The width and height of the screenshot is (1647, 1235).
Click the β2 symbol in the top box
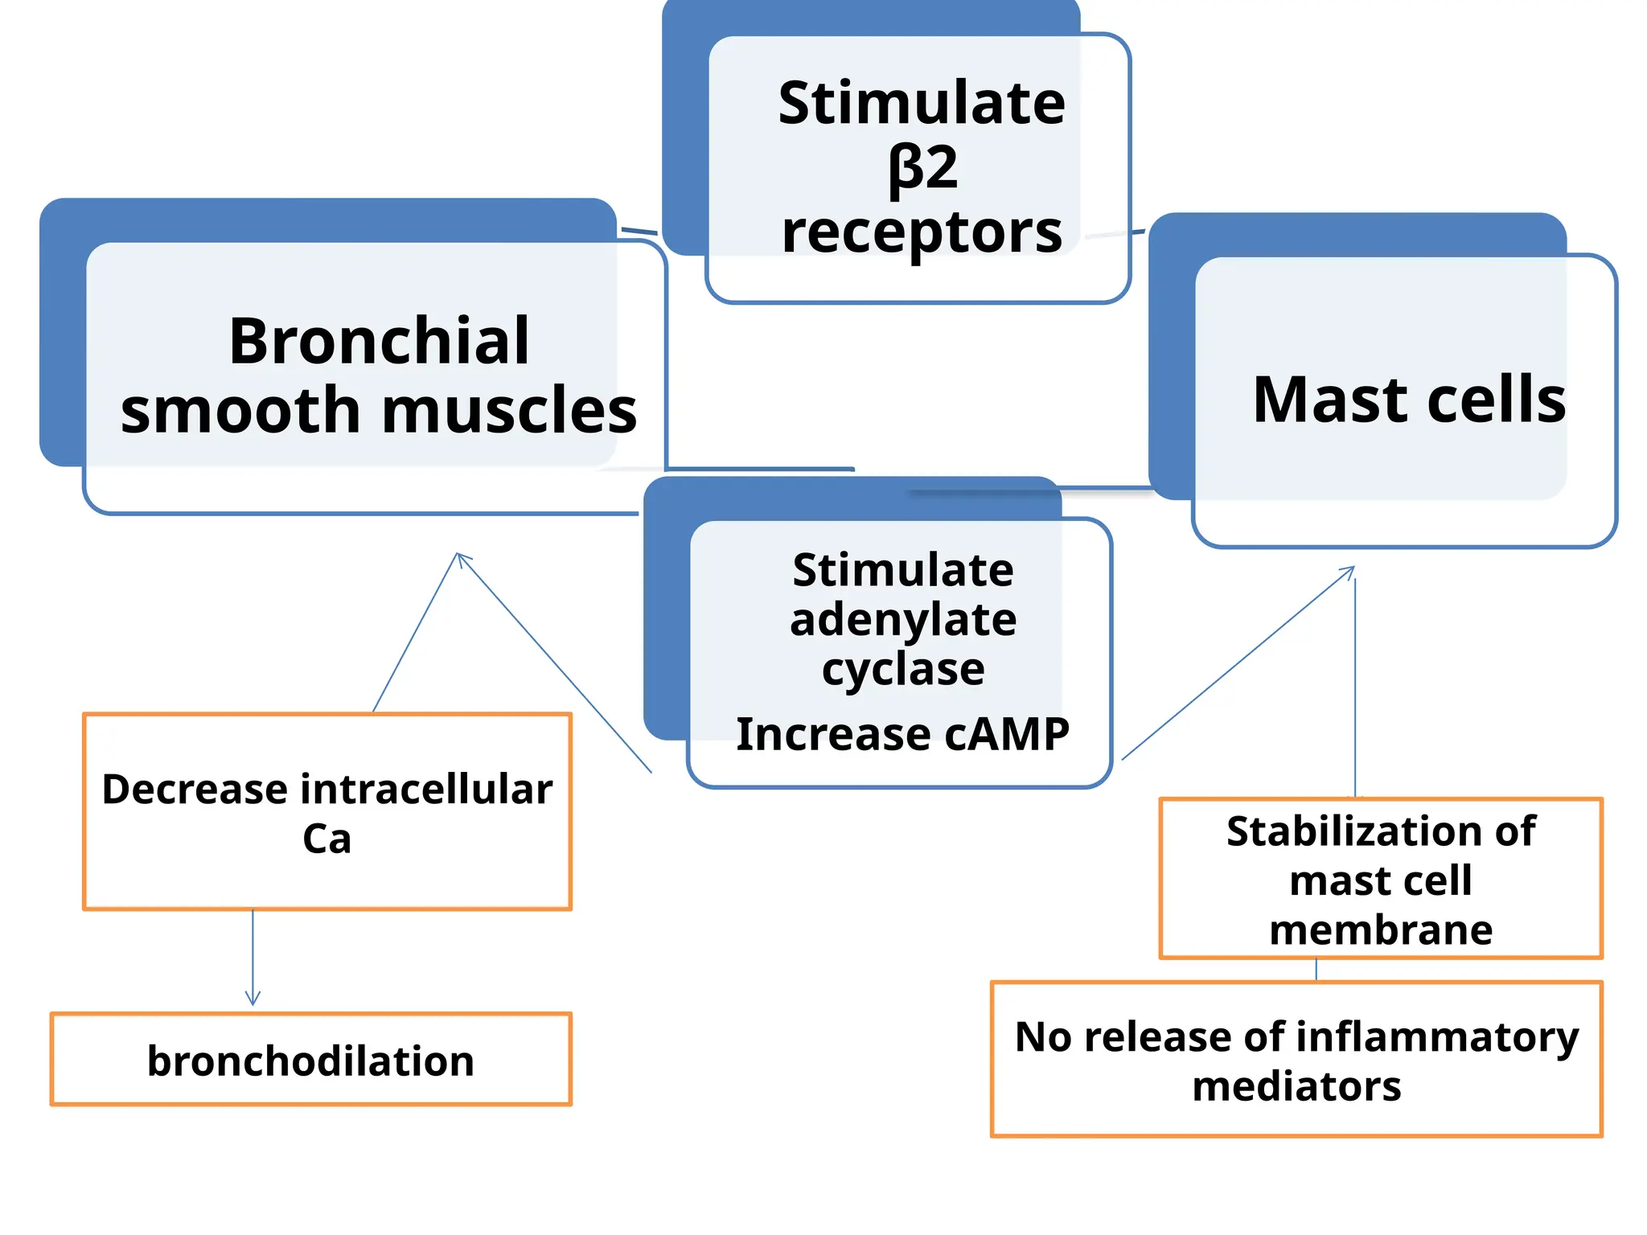pos(922,170)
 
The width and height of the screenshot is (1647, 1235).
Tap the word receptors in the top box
pos(922,232)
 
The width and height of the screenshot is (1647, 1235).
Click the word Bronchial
pos(379,341)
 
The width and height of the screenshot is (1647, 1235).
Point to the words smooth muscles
pos(379,410)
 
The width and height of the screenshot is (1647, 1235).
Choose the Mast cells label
pos(1409,400)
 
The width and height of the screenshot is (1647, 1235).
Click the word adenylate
pos(903,620)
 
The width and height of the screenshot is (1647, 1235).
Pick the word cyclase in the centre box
pos(903,669)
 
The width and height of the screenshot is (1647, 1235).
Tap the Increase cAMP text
pos(902,734)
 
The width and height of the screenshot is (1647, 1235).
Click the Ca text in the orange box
pos(327,839)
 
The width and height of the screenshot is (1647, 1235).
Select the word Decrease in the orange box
pos(195,789)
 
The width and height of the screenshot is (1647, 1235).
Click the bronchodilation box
pos(310,1060)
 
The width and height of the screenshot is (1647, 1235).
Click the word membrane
pos(1381,930)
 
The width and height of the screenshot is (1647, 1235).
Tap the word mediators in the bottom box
pos(1296,1086)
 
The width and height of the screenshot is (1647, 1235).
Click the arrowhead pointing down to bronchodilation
pos(253,1001)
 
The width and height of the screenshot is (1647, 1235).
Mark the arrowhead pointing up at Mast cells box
pos(1352,569)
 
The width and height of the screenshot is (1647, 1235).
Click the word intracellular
pos(426,789)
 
